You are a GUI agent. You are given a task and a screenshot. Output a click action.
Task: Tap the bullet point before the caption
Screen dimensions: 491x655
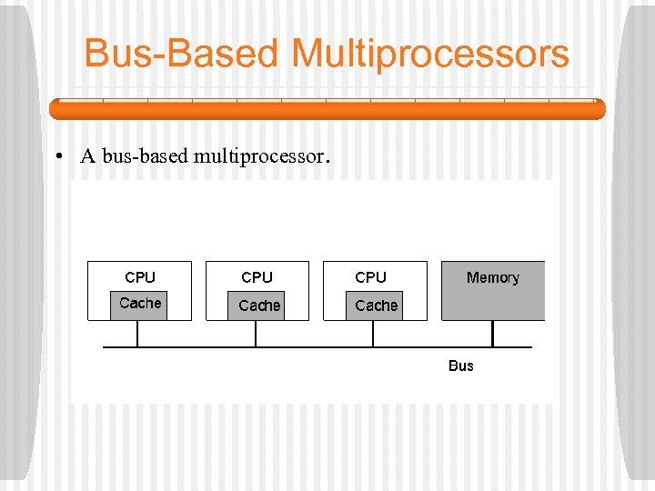tap(57, 157)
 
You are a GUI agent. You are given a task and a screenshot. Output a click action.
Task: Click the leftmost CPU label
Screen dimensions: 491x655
tap(140, 277)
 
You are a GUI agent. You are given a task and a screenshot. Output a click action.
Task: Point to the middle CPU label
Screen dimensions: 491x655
tap(257, 277)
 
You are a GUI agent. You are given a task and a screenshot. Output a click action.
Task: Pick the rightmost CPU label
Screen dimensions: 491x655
tap(370, 277)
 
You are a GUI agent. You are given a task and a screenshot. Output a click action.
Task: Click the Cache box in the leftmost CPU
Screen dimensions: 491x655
tap(140, 304)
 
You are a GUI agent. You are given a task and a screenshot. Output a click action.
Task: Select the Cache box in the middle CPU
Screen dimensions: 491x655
tap(259, 306)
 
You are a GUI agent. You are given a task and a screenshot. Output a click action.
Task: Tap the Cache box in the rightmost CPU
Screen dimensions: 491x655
tap(376, 306)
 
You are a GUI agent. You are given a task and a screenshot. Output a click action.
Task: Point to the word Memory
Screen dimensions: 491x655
tap(492, 277)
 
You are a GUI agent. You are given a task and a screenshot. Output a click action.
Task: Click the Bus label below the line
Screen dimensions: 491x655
tap(461, 366)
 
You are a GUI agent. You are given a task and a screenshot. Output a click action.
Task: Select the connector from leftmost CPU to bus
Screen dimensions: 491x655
tap(137, 334)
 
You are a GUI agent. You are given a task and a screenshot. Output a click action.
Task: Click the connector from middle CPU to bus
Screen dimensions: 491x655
tap(256, 334)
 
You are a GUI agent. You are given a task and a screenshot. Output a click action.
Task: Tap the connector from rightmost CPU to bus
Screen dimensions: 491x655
tap(372, 334)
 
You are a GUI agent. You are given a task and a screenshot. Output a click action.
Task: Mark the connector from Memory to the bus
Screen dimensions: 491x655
tap(492, 334)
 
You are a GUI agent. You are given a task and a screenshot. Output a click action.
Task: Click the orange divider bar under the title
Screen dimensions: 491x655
tap(327, 109)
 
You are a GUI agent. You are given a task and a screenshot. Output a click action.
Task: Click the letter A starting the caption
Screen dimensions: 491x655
tap(88, 156)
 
